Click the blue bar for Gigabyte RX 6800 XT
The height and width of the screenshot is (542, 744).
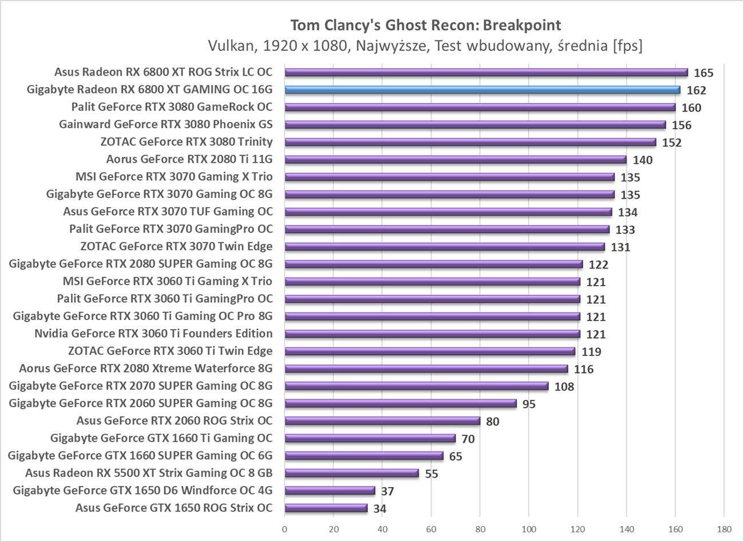(x=482, y=90)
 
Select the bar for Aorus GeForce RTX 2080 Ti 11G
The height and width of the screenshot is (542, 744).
(x=455, y=160)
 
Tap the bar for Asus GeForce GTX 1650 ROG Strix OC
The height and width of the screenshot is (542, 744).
(x=326, y=508)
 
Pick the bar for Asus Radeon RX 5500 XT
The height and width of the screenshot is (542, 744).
(x=351, y=473)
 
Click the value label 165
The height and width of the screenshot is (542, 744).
(x=703, y=73)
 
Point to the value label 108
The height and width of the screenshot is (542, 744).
(x=564, y=387)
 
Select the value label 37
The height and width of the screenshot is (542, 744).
(x=387, y=492)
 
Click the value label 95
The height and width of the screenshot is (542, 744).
(x=529, y=404)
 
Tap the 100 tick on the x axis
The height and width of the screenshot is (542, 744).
(x=529, y=528)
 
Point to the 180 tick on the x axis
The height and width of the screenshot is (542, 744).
(x=724, y=528)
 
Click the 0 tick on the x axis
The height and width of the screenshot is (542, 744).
(x=284, y=528)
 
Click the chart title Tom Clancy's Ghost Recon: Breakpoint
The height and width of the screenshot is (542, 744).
(x=426, y=25)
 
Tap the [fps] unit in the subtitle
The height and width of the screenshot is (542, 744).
(x=627, y=45)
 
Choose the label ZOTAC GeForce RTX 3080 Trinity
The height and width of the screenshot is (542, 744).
(x=186, y=142)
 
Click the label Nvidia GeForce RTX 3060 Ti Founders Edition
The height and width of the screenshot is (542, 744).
(x=153, y=334)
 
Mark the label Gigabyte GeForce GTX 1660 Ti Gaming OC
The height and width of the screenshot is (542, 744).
(x=161, y=438)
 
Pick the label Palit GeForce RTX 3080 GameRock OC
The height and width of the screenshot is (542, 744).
(x=172, y=107)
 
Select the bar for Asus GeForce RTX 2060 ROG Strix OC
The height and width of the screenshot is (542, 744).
(x=382, y=421)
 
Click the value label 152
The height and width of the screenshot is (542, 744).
(x=671, y=143)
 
